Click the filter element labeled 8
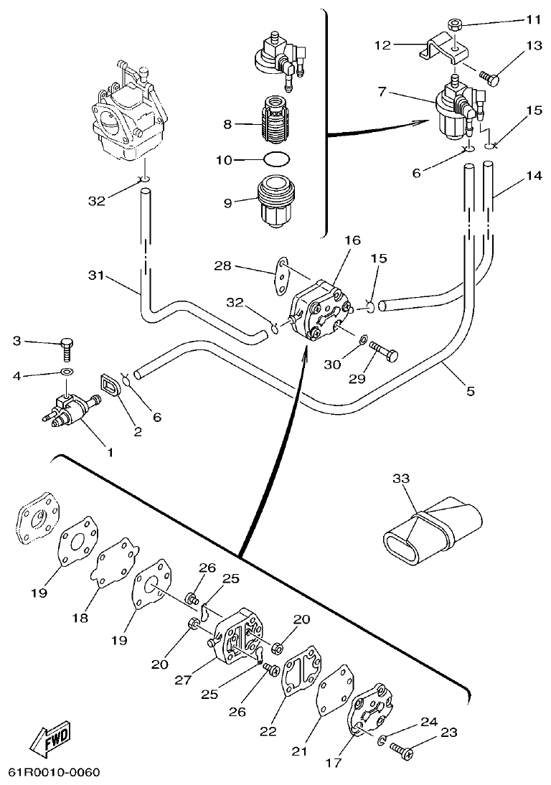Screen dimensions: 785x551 tap(276, 124)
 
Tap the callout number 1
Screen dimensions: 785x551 tap(110, 452)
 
